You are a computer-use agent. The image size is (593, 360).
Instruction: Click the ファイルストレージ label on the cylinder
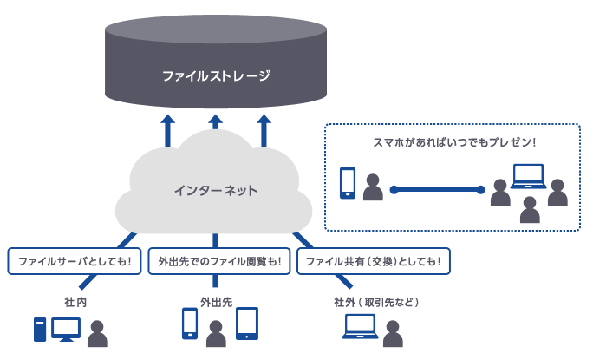(216, 76)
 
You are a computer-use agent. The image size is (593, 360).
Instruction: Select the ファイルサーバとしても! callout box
(74, 261)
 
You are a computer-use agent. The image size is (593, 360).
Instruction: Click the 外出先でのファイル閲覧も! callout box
(218, 261)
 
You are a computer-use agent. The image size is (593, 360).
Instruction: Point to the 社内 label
(75, 303)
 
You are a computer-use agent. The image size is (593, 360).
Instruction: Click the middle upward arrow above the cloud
(216, 129)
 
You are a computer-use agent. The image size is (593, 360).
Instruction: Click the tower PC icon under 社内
(40, 330)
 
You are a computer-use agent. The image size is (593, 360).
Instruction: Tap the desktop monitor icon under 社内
(66, 329)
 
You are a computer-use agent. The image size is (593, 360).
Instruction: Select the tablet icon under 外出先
(248, 324)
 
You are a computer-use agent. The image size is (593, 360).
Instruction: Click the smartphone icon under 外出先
(190, 324)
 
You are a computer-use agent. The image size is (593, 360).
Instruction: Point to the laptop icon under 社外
(360, 327)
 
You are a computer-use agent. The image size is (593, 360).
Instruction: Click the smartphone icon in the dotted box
(348, 182)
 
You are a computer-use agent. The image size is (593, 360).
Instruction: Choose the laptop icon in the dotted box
(527, 177)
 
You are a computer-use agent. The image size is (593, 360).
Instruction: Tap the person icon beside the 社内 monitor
(97, 334)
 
